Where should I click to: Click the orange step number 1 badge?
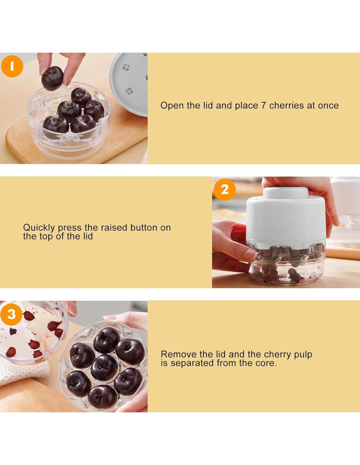(x=12, y=66)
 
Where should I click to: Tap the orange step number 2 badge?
(x=225, y=190)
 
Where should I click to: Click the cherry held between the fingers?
(x=52, y=78)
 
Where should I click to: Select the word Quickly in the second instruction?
(x=39, y=228)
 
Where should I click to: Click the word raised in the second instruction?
(x=114, y=228)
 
